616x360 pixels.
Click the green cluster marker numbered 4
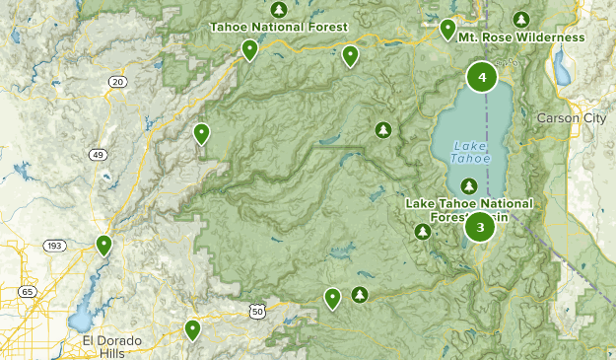[482, 78]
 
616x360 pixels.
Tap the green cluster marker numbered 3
[480, 228]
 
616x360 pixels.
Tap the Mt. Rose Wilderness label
[520, 37]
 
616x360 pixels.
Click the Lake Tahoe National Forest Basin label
[469, 209]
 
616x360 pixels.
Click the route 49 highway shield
[100, 155]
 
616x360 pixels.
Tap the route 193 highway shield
[54, 245]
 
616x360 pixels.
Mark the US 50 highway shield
[257, 311]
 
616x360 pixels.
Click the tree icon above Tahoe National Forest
[279, 9]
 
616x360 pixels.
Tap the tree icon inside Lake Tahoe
[469, 185]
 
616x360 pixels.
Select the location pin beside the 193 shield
[103, 244]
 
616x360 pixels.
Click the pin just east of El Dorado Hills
[193, 328]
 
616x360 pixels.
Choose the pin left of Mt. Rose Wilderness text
[447, 29]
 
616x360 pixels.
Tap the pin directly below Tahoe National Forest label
[250, 48]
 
